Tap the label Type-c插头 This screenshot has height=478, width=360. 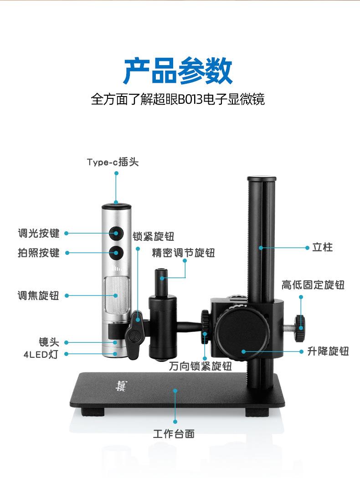pyautogui.click(x=113, y=162)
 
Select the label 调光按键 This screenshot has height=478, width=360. pyautogui.click(x=39, y=234)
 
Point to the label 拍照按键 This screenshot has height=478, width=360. pyautogui.click(x=39, y=253)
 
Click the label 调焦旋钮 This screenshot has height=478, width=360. pyautogui.click(x=39, y=296)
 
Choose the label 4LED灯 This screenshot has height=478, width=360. pyautogui.click(x=41, y=354)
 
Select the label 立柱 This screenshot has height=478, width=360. pyautogui.click(x=322, y=247)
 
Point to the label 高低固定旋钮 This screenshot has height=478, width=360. pyautogui.click(x=313, y=285)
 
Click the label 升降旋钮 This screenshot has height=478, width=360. pyautogui.click(x=328, y=351)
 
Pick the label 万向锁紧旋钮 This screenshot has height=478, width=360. pyautogui.click(x=201, y=366)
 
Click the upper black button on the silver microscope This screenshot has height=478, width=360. pyautogui.click(x=117, y=234)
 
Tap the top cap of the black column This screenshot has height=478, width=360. pyautogui.click(x=261, y=179)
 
